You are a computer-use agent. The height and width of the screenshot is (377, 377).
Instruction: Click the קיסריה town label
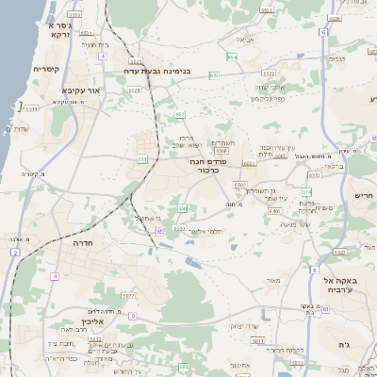47,70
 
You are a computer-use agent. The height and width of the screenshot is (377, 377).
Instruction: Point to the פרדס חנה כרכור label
205,166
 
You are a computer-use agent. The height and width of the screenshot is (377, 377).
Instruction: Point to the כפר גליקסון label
269,99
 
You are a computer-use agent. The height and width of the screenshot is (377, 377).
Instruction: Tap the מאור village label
274,279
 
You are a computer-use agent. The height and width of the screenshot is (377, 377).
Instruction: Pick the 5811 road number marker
258,340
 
